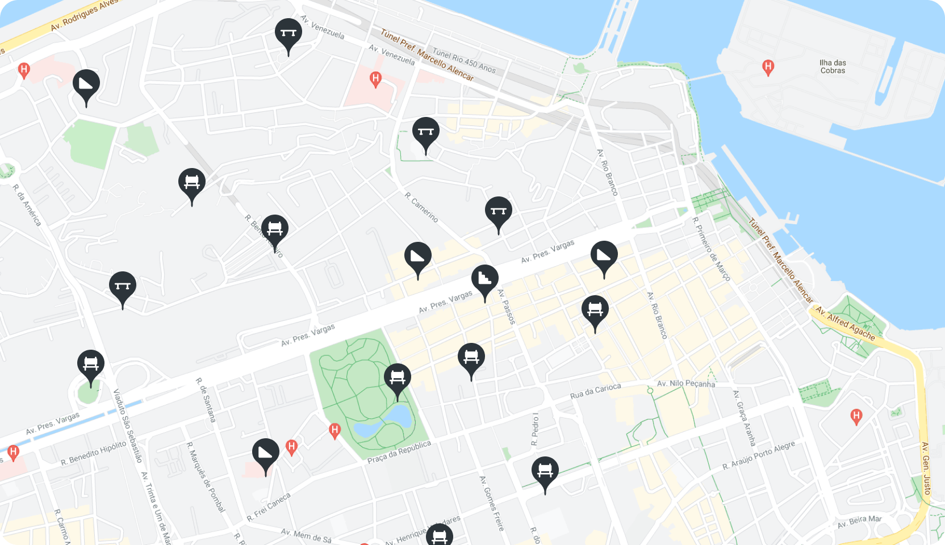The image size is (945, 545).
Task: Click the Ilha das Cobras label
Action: tap(833, 67)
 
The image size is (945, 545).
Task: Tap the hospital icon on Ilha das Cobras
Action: tap(768, 68)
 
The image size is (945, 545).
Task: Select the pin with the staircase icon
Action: tap(484, 279)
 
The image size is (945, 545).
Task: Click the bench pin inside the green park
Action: tap(398, 378)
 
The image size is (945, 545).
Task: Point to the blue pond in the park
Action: tap(398, 417)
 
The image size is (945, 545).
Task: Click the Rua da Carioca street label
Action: tap(595, 391)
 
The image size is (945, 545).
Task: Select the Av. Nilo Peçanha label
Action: tap(686, 384)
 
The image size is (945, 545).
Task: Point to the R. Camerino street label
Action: tap(421, 207)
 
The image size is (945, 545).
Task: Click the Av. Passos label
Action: tap(506, 307)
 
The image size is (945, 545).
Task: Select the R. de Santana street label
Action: tap(206, 400)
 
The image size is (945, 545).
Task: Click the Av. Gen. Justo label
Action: tap(926, 468)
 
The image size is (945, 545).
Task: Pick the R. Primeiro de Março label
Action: tap(711, 249)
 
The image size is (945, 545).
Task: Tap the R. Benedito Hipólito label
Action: tap(94, 453)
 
